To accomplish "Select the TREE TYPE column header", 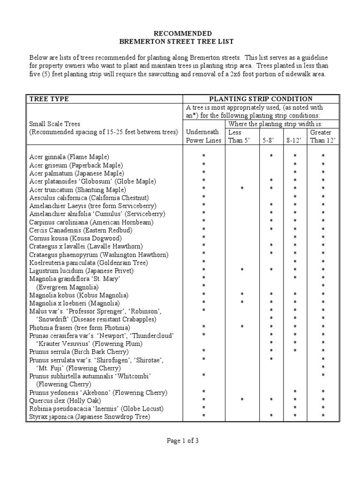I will coord(49,99).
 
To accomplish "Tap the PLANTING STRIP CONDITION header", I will coord(261,99).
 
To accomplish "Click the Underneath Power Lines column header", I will coord(203,136).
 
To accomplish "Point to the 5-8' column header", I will coord(271,140).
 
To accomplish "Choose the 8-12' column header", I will coord(295,140).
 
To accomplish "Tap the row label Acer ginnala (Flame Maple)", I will coord(72,157).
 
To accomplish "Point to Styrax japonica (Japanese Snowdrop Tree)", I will coord(90,416).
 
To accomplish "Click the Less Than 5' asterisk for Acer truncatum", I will coord(242,189).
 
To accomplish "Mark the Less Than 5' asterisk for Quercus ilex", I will coord(242,400).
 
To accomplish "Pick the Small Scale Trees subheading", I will coord(55,124).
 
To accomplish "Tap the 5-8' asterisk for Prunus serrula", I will coord(271,352).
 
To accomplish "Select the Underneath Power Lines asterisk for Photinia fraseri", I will coord(203,327).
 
